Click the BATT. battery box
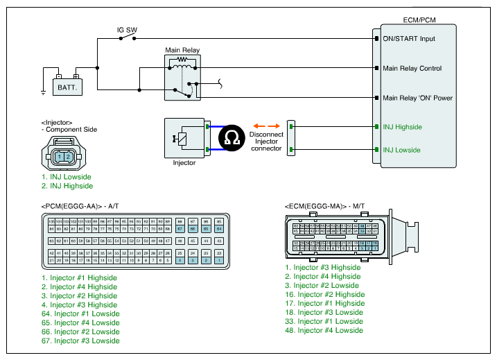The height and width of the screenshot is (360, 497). tap(67, 87)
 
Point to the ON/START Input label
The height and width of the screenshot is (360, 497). tap(409, 39)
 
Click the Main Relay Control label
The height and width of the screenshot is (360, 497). tap(412, 69)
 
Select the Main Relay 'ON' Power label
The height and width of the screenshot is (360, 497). tap(417, 98)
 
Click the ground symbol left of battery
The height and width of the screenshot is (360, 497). tap(43, 91)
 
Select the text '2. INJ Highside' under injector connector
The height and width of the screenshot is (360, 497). tap(67, 186)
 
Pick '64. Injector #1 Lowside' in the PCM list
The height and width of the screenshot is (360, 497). tap(80, 314)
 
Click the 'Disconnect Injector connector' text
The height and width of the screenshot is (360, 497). tap(265, 142)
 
